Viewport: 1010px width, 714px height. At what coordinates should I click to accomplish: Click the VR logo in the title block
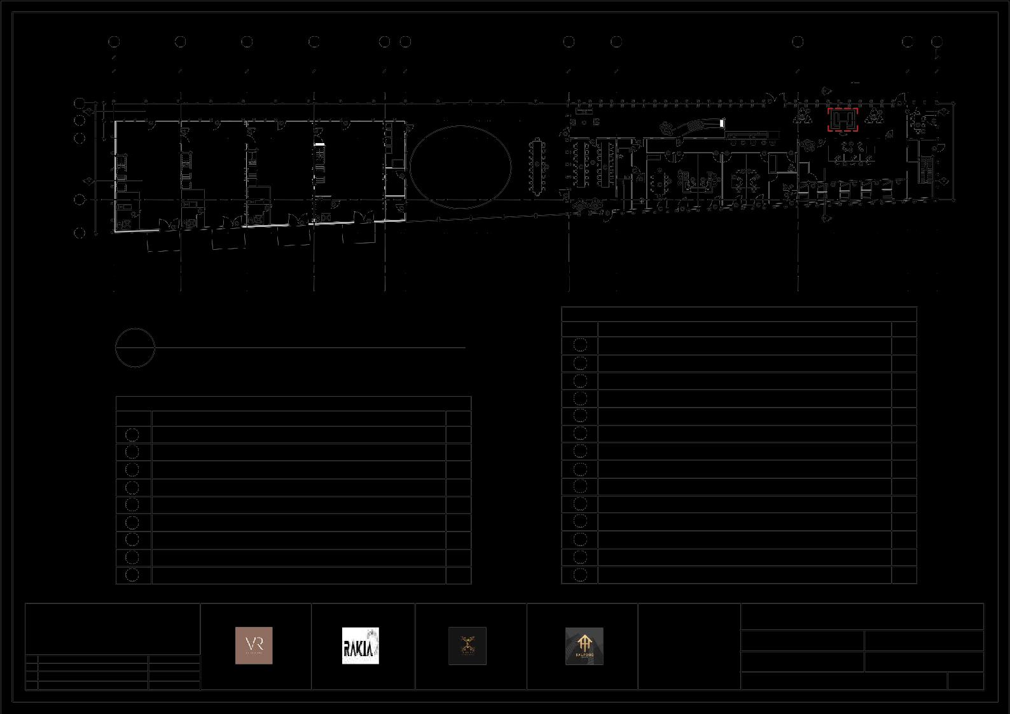[254, 645]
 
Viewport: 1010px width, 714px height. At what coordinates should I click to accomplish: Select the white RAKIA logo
[361, 645]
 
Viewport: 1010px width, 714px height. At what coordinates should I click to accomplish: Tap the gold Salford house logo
[585, 646]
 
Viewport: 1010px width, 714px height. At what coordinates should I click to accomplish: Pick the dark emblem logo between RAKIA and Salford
[467, 646]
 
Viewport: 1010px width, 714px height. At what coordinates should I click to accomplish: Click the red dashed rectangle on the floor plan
[843, 120]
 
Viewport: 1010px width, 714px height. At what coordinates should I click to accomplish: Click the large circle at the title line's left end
[135, 348]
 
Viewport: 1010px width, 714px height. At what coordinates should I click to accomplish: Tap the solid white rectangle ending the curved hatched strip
[722, 123]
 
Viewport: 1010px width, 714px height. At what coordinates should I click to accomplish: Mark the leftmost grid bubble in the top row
[114, 41]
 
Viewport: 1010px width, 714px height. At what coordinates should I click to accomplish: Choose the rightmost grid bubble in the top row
[937, 41]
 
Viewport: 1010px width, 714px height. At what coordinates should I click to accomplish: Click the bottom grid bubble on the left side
[80, 233]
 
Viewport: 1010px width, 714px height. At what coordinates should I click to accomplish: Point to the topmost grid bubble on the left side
[80, 102]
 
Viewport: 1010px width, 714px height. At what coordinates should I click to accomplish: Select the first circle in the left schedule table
[132, 434]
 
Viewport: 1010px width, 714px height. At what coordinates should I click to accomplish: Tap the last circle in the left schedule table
[132, 575]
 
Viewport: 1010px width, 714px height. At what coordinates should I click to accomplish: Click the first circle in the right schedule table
[580, 345]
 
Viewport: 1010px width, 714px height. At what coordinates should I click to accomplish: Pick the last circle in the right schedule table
[580, 575]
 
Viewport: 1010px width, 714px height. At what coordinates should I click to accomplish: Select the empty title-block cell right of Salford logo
[689, 646]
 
